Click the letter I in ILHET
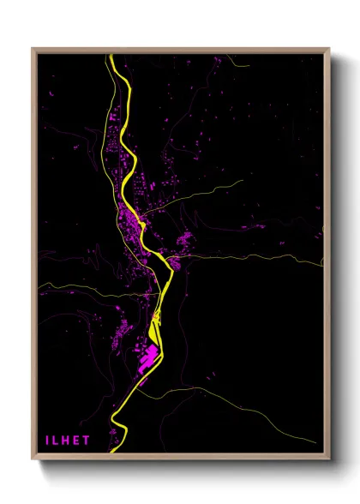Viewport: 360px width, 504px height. [47, 440]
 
